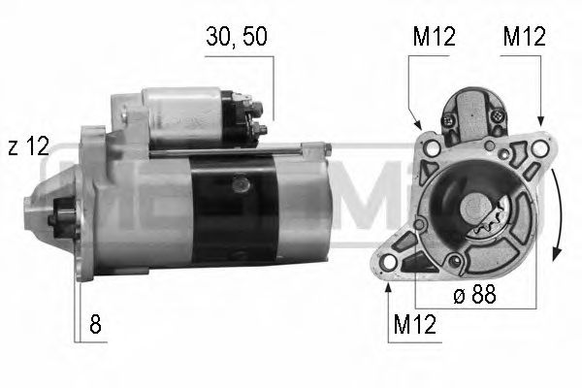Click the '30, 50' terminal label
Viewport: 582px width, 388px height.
pos(237,37)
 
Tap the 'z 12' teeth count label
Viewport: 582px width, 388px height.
pos(27,146)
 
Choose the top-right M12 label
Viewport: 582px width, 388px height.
pos(524,37)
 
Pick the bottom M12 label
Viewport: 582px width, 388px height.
pos(413,327)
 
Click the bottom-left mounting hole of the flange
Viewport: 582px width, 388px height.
pos(392,262)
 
